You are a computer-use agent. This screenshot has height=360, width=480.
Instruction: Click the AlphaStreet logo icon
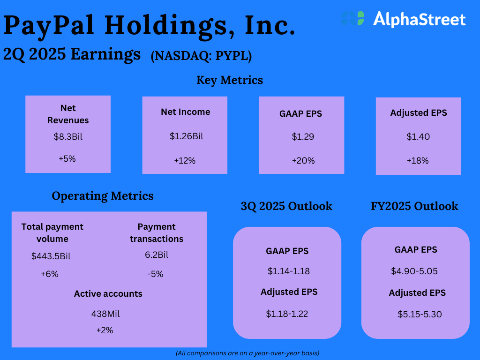click(352, 18)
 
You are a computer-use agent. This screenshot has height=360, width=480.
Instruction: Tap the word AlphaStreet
click(420, 19)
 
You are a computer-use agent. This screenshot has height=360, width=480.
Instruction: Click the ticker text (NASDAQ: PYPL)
click(201, 56)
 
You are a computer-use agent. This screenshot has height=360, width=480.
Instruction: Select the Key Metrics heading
click(230, 80)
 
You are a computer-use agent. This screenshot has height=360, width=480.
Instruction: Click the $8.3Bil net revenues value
click(68, 136)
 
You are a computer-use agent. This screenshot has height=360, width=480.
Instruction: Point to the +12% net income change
click(185, 161)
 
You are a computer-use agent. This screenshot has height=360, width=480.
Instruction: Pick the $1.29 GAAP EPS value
click(303, 136)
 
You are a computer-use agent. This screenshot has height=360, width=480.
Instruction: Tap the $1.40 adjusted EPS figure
click(418, 136)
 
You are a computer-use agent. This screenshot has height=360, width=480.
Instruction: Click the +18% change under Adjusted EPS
click(418, 161)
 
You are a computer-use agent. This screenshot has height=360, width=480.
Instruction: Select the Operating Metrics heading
click(103, 196)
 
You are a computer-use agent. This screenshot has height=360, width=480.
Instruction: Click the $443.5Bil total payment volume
click(51, 256)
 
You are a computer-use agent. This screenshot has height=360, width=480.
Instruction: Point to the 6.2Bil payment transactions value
click(157, 255)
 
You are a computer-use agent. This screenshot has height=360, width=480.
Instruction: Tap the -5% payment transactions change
click(155, 274)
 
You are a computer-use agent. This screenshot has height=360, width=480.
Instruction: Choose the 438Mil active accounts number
click(105, 314)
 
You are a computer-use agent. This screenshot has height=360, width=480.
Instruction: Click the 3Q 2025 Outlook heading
click(286, 206)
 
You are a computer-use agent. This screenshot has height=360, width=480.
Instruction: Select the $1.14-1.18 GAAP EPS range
click(288, 271)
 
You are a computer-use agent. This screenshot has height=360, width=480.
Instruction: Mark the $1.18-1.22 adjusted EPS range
click(287, 314)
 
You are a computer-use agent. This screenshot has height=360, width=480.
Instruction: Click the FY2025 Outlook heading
click(414, 206)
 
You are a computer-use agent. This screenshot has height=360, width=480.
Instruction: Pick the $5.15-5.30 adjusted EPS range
click(420, 314)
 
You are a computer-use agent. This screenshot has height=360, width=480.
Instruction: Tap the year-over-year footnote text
click(247, 353)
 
